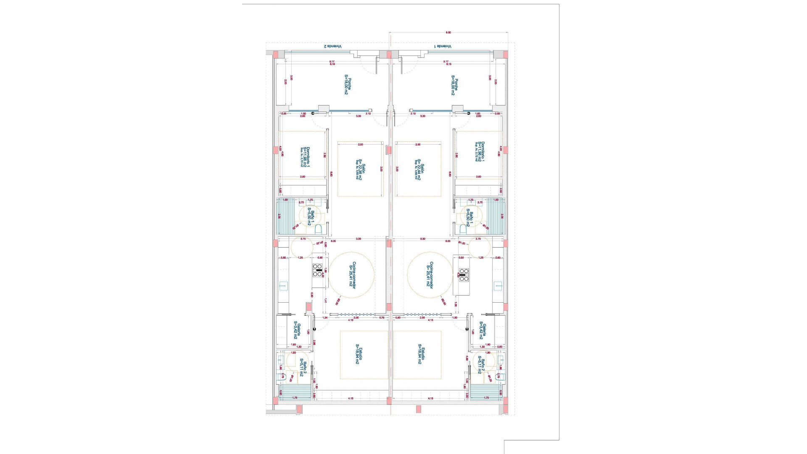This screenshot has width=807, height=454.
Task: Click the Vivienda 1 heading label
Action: (443, 46)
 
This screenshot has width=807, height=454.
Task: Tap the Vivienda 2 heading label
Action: (332, 46)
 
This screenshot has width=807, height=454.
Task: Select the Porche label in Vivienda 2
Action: (347, 85)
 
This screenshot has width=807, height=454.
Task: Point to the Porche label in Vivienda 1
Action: (454, 85)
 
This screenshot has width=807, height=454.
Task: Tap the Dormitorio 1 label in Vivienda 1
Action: (480, 151)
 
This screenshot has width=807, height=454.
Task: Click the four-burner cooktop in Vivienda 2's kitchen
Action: (317, 270)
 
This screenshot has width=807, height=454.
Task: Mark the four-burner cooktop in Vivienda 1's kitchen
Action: (464, 275)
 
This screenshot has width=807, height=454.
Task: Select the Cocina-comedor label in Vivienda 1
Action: (429, 275)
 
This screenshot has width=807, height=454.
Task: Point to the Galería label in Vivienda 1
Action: (483, 330)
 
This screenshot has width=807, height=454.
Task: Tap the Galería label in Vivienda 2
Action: (297, 330)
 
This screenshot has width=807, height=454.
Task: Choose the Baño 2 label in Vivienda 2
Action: (303, 367)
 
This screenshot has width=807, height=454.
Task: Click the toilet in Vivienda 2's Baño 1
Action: (318, 229)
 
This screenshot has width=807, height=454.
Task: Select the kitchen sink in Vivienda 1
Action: (498, 286)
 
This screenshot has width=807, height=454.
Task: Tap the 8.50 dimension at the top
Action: (448, 32)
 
